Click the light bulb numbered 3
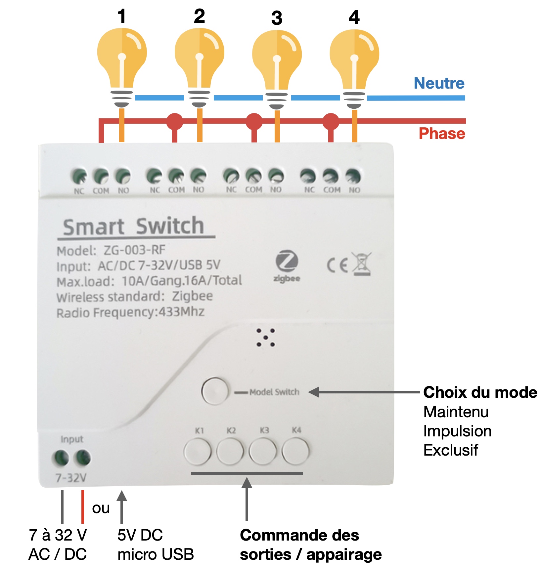(277, 63)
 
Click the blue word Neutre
(439, 83)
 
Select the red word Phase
(442, 134)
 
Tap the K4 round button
(295, 451)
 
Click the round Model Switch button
(215, 391)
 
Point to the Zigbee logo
(287, 266)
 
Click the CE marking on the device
(338, 265)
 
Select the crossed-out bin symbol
(362, 264)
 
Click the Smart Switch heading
(134, 227)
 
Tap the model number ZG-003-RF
(134, 250)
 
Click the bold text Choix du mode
(480, 392)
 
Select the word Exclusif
(451, 450)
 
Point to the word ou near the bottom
(101, 508)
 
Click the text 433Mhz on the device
(182, 312)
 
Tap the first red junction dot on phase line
(175, 121)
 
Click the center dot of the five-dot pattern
(266, 338)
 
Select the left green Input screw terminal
(61, 458)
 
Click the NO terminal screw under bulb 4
(353, 176)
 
